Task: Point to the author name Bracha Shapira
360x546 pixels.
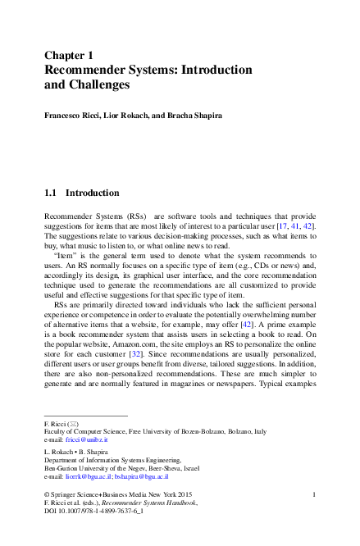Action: coord(193,116)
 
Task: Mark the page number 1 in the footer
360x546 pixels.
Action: coord(315,494)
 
